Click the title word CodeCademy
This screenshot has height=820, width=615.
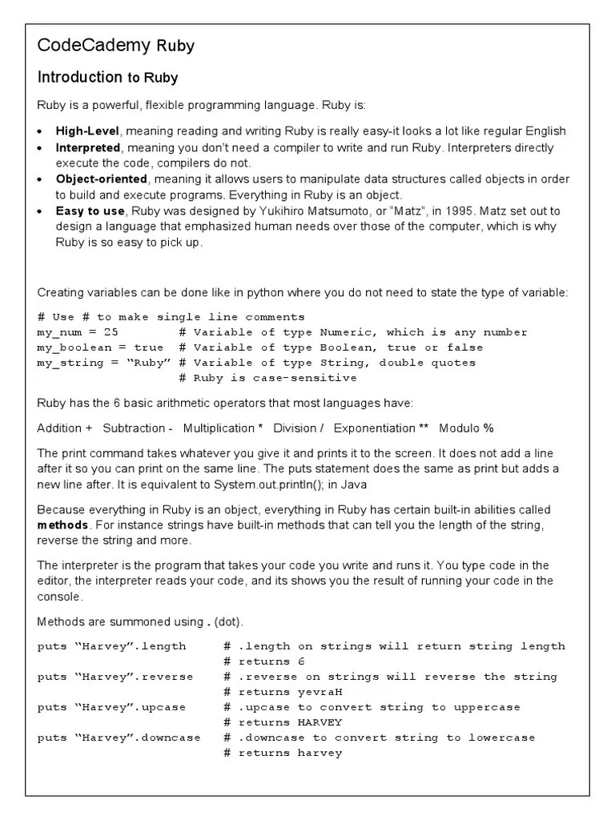tap(94, 46)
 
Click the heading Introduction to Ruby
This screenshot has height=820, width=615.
tap(107, 78)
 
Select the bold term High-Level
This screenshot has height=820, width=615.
tap(87, 131)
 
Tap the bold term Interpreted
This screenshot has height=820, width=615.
tap(87, 148)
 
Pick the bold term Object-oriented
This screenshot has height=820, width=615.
tap(101, 179)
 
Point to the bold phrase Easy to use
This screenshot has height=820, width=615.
tap(90, 211)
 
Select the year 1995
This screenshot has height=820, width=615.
tap(459, 211)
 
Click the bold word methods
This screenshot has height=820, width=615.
tap(64, 525)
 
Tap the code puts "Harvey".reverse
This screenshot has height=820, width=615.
tap(115, 677)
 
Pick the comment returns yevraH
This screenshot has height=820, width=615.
tap(283, 692)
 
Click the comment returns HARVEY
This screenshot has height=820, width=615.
tap(283, 722)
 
